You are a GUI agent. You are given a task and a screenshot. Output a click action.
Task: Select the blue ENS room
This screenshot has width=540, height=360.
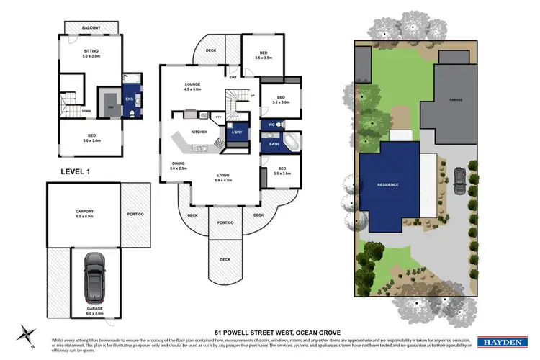130,99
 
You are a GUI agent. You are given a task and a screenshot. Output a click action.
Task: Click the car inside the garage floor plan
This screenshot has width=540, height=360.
93,280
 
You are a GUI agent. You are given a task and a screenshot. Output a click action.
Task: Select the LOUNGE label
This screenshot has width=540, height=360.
192,86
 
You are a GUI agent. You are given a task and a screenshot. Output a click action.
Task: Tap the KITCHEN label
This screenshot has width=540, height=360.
199,132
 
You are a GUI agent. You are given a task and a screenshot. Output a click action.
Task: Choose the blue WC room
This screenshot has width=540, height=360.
272,125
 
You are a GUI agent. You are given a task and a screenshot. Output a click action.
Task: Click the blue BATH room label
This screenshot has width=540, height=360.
274,144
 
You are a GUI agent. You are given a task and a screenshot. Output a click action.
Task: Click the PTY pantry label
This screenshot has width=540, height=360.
218,115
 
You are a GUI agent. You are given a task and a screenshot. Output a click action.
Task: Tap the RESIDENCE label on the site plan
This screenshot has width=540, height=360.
388,185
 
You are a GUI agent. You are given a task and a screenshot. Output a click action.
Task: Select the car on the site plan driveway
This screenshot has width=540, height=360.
459,177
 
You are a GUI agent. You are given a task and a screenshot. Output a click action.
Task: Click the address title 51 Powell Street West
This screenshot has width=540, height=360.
269,333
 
